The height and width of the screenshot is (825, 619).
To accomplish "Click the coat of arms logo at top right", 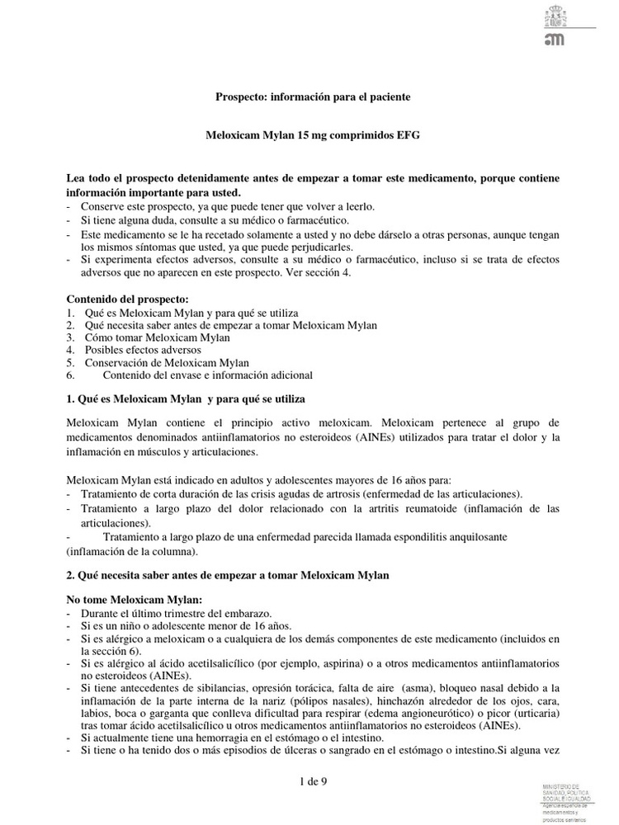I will (x=552, y=16).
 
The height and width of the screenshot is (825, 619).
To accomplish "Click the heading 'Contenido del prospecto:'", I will (x=127, y=298).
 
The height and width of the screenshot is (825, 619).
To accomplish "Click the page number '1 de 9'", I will (x=315, y=781).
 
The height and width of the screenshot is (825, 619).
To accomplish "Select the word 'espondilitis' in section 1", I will (x=409, y=536).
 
